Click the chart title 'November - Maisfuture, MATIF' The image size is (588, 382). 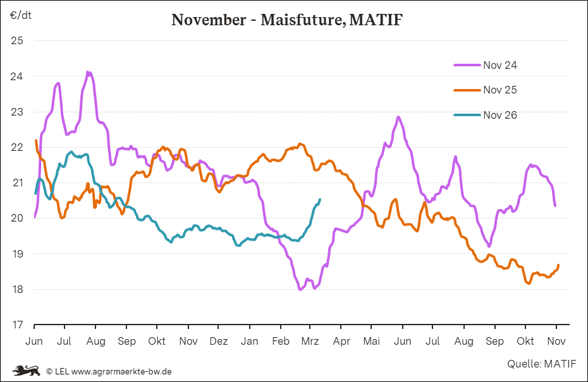287,20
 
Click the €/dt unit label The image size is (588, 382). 21,15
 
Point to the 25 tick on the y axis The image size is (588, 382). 17,41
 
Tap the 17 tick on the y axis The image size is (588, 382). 17,325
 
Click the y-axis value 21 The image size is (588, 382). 17,183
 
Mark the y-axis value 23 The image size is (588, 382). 17,112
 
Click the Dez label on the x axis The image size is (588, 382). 218,342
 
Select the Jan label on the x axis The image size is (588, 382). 249,342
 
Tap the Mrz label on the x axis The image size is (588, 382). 310,342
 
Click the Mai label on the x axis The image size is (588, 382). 372,342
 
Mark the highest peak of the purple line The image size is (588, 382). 89,73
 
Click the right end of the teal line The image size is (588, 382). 320,200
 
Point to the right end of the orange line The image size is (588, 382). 558,265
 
